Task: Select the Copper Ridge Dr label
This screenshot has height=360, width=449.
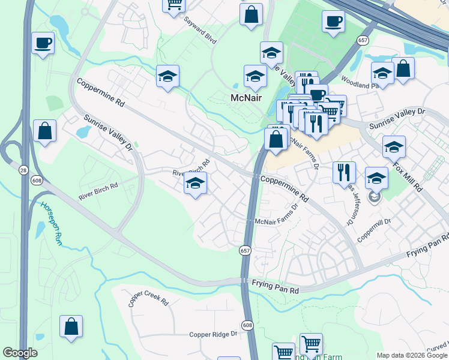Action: click(x=214, y=335)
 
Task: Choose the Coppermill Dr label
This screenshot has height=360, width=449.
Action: click(x=375, y=230)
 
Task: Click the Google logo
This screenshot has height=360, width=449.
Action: click(x=20, y=353)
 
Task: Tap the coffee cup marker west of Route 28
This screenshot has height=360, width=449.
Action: click(x=43, y=43)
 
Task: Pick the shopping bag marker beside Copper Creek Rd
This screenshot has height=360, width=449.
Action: click(x=71, y=327)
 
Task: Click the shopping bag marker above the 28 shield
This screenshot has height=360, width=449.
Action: click(x=45, y=131)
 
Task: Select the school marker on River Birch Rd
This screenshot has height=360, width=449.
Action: click(x=195, y=184)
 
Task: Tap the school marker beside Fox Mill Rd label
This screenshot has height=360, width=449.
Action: click(x=394, y=147)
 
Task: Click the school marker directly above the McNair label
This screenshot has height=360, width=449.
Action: click(x=255, y=77)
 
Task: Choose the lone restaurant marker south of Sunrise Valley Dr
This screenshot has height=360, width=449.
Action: click(x=344, y=173)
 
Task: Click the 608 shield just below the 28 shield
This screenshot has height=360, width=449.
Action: click(x=37, y=181)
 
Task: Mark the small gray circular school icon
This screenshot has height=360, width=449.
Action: click(x=375, y=197)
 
